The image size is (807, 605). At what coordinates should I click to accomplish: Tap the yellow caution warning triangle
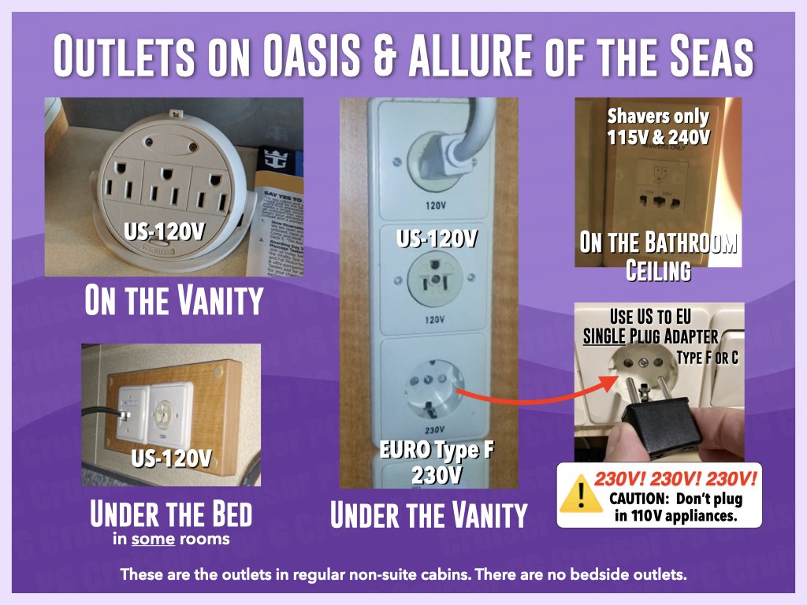(x=581, y=494)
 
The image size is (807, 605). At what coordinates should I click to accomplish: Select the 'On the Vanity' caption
(x=173, y=302)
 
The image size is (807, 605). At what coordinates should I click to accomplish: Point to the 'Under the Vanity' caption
(x=428, y=515)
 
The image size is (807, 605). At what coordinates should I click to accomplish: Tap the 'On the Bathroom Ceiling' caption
(x=658, y=256)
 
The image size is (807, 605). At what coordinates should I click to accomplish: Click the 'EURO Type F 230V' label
(x=429, y=464)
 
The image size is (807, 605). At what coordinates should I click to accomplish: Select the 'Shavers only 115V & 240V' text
(x=658, y=127)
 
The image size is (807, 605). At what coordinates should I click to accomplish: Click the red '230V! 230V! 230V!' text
(x=675, y=478)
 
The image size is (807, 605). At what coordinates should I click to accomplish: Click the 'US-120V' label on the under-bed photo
(x=170, y=458)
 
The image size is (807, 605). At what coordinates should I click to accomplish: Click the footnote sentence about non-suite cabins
(x=403, y=574)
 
